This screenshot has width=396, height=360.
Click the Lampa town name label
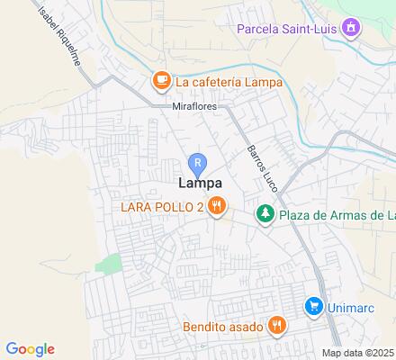click(x=199, y=184)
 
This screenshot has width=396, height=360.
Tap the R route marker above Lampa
click(x=199, y=164)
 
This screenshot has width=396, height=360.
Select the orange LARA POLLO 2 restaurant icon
click(x=216, y=208)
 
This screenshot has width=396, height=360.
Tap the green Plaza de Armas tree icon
click(x=265, y=214)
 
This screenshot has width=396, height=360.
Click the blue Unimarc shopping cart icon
click(x=313, y=306)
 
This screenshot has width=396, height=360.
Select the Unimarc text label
click(x=354, y=306)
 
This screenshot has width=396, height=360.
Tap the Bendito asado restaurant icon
click(x=277, y=325)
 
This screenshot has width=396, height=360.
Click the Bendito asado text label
click(x=222, y=325)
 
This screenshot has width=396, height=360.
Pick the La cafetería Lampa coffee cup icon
click(x=161, y=82)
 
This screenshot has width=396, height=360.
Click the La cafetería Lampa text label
click(x=229, y=82)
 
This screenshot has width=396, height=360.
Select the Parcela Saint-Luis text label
click(x=289, y=29)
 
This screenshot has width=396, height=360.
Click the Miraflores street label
click(x=194, y=105)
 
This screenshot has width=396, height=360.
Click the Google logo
click(x=30, y=349)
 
